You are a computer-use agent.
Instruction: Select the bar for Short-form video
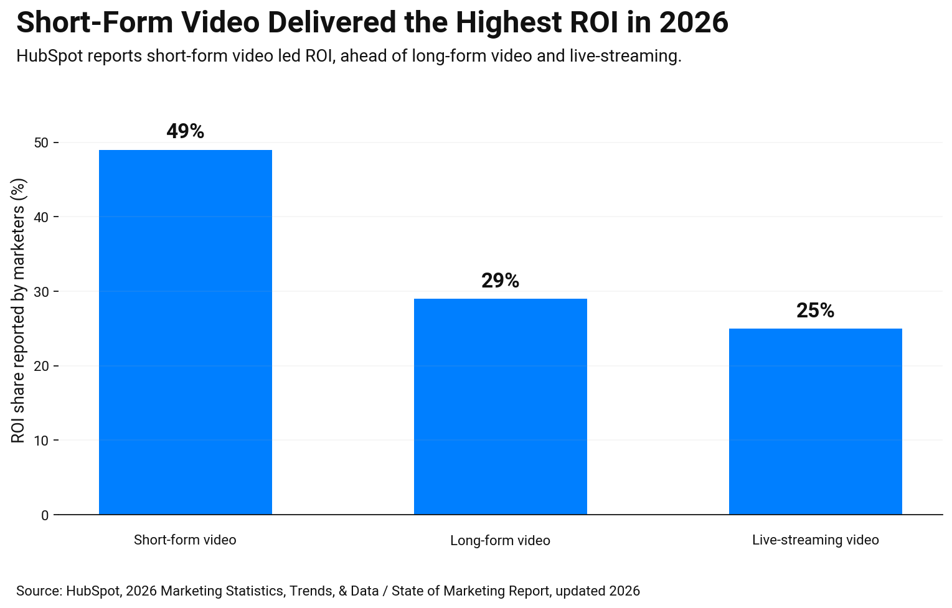pos(185,332)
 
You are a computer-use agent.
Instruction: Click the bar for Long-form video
pos(500,406)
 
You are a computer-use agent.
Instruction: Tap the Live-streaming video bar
pos(815,421)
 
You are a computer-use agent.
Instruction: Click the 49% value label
pos(185,131)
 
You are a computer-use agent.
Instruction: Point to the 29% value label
pos(500,281)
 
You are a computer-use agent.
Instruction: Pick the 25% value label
pos(815,311)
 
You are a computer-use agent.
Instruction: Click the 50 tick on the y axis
pos(41,143)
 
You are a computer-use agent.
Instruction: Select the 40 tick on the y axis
pos(41,217)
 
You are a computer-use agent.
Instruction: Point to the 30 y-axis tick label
pos(41,292)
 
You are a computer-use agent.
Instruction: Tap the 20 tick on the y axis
pos(41,366)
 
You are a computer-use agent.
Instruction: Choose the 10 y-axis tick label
pos(41,441)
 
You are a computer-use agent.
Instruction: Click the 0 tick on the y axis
pos(45,515)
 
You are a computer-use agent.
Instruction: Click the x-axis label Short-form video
pos(185,540)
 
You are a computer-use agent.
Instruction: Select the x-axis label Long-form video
pos(500,540)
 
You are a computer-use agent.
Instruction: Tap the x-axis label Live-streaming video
pos(815,540)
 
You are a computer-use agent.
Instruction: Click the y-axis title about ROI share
pos(19,311)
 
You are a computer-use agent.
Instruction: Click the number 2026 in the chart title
pos(693,23)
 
